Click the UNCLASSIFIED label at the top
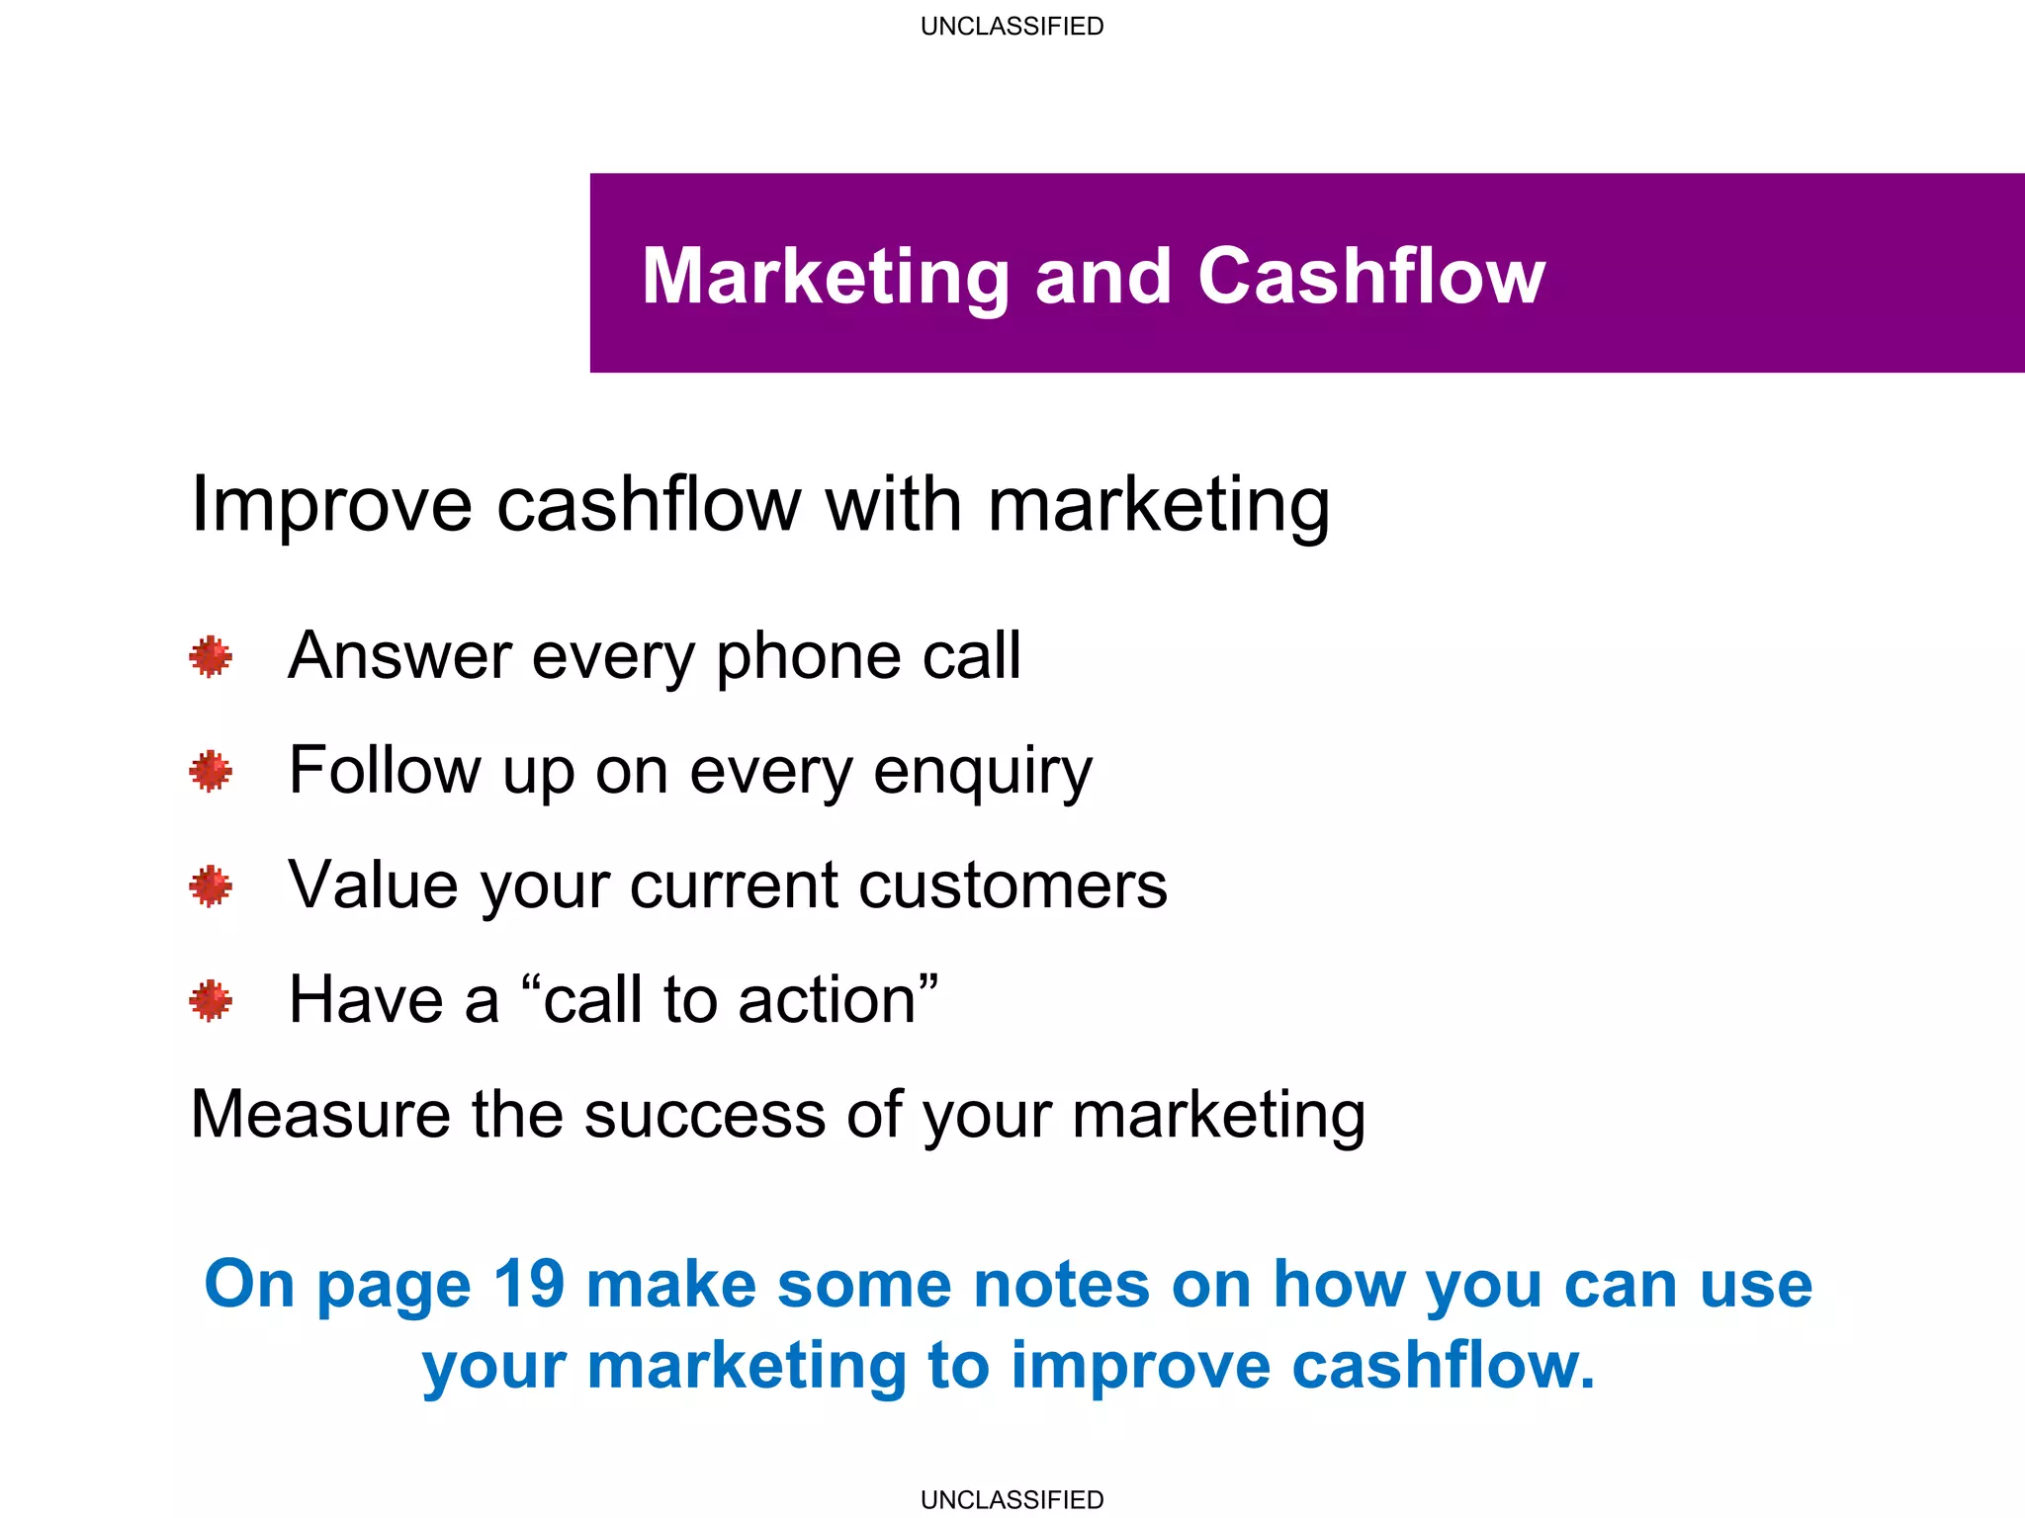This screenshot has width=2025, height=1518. (1012, 27)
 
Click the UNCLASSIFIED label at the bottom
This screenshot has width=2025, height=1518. (1012, 1499)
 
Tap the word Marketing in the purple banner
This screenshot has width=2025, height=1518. (825, 278)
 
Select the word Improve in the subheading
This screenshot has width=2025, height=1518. (331, 506)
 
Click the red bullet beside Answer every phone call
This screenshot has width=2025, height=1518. (211, 656)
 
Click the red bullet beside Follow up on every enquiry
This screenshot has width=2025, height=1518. (211, 771)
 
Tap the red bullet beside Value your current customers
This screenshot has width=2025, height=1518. (211, 885)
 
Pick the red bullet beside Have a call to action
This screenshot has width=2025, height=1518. (211, 1000)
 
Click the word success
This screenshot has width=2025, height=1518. (704, 1115)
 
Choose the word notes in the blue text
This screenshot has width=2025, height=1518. (1061, 1285)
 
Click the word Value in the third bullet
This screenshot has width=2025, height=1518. (373, 885)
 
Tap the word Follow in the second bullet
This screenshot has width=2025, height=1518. (385, 771)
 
